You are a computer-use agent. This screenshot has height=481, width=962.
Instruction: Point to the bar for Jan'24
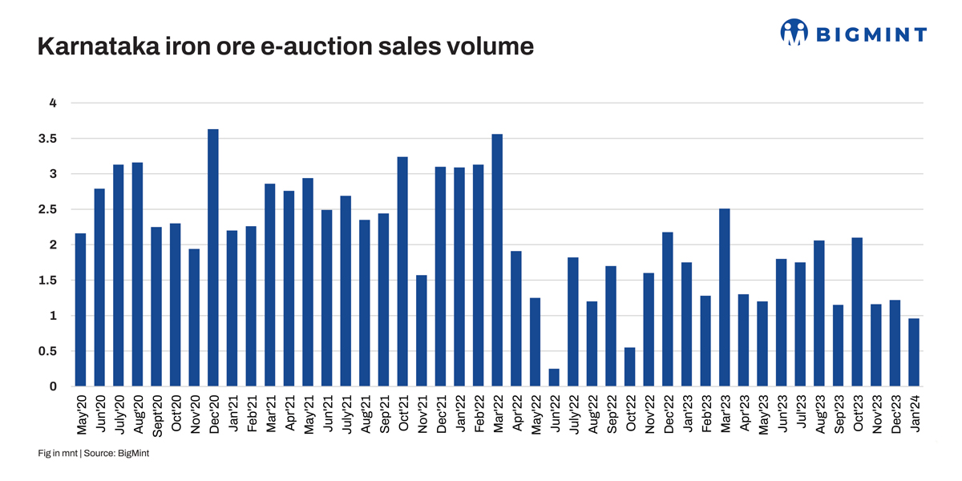914,353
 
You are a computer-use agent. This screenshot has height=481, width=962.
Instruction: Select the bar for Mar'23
725,297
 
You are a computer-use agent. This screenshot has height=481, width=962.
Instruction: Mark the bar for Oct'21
402,272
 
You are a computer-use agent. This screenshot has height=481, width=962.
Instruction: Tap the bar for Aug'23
819,313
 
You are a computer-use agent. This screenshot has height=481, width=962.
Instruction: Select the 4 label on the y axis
54,103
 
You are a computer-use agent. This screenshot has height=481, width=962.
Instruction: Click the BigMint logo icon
794,33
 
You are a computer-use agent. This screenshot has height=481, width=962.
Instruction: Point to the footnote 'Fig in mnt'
57,454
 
